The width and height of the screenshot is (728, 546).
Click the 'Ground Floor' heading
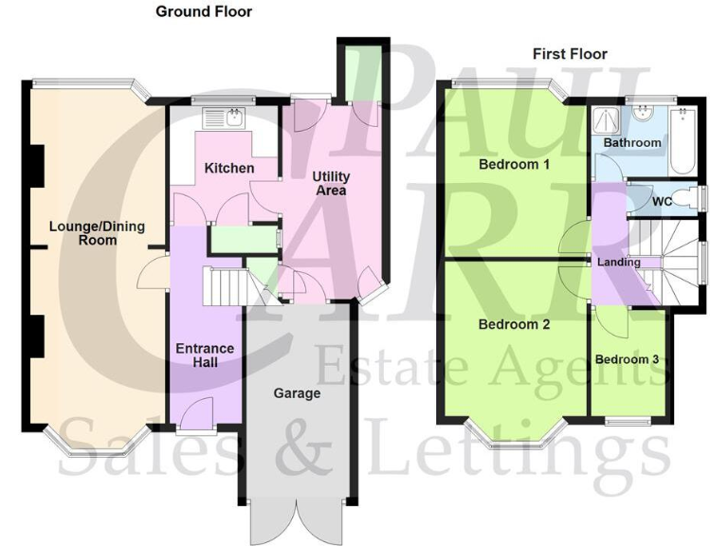coord(204,11)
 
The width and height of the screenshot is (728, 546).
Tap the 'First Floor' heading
coord(570,54)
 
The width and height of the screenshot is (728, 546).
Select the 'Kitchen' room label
coord(229,168)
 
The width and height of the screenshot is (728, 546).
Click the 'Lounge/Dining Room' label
coord(85,233)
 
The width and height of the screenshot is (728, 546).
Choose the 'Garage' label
coord(297,393)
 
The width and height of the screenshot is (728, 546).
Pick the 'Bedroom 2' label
coord(514,324)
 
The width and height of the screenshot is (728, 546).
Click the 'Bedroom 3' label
coord(627,359)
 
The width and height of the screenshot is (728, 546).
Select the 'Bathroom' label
coord(632,143)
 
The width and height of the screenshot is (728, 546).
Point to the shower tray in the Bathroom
coord(604,120)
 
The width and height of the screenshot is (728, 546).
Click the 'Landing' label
coord(618,263)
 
